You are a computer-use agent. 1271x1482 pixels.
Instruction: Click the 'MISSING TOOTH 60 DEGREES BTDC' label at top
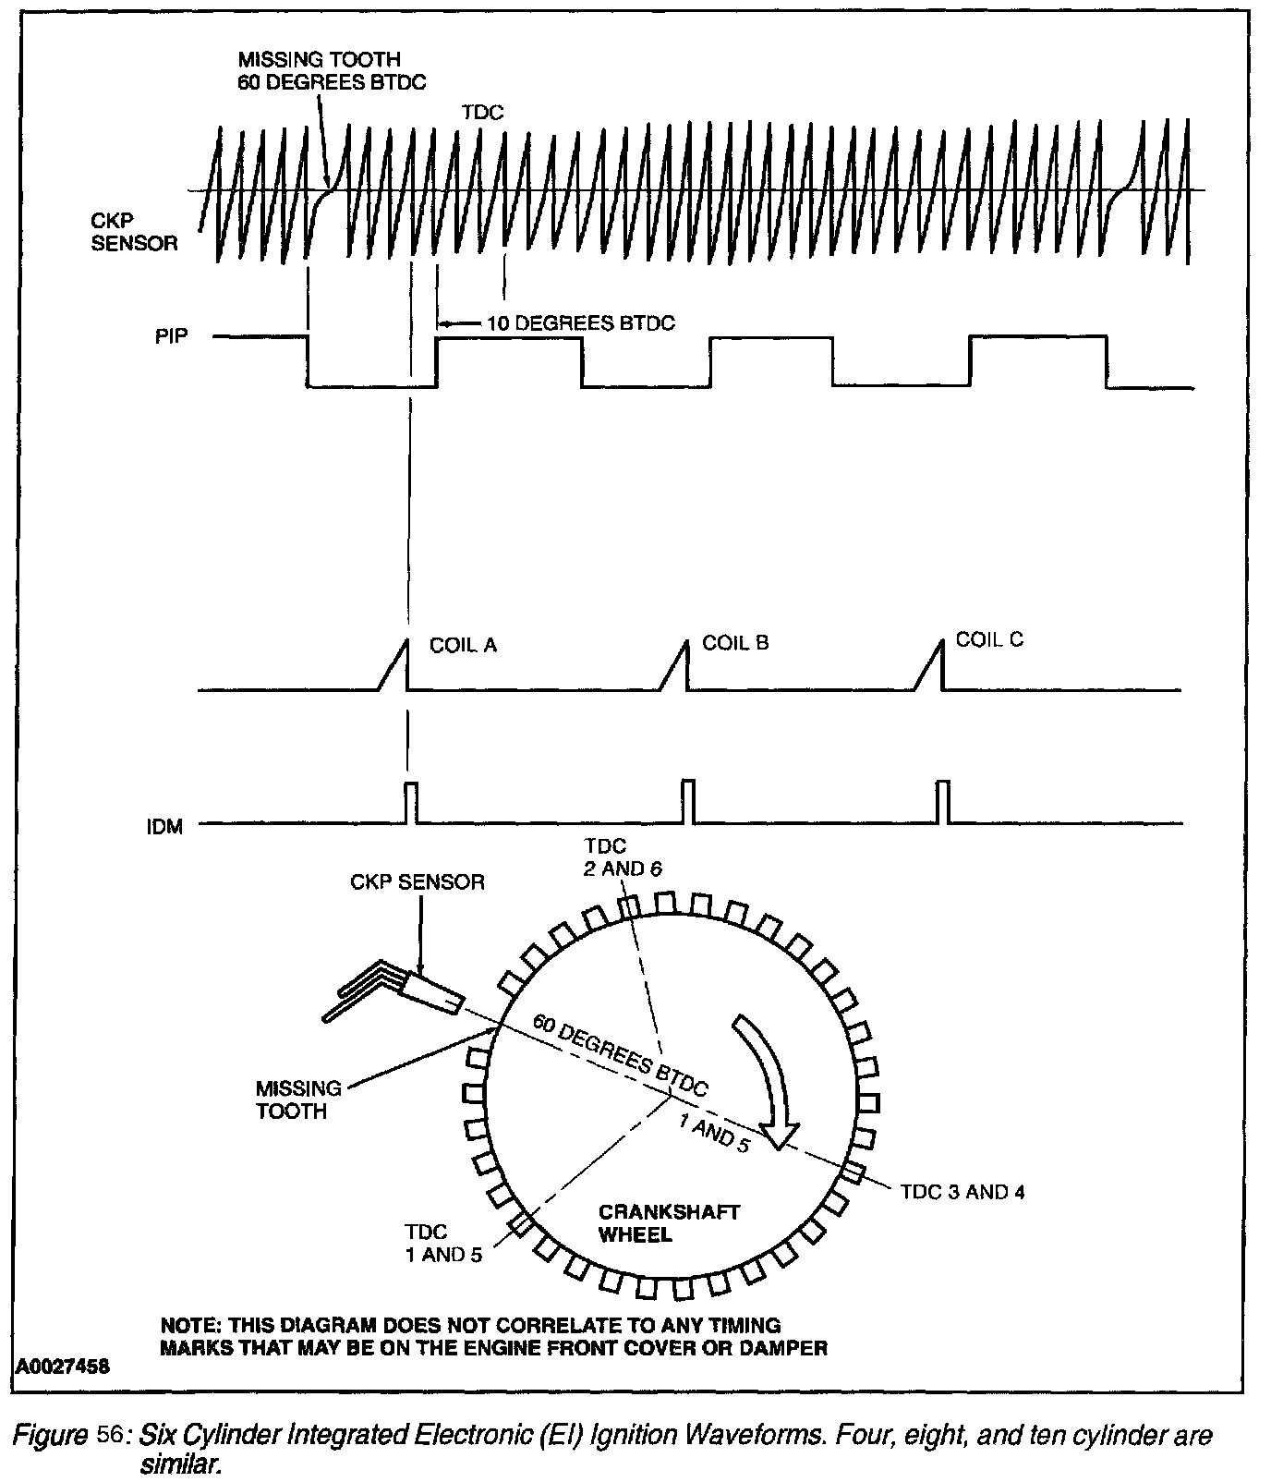(x=330, y=70)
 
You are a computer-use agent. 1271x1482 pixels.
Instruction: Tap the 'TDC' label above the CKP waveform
(x=481, y=112)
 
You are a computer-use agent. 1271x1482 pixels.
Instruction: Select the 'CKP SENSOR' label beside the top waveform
(x=134, y=232)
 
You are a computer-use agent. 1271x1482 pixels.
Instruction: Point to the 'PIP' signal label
(x=172, y=335)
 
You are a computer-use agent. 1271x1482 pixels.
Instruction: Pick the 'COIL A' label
(x=463, y=645)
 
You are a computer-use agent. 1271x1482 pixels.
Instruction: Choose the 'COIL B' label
(x=735, y=642)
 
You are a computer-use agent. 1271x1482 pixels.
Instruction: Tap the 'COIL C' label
(x=989, y=639)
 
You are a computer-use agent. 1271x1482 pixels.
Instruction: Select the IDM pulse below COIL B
(x=687, y=801)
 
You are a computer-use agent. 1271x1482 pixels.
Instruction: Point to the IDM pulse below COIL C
(x=942, y=801)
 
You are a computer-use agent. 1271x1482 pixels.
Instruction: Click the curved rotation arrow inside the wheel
(x=765, y=1081)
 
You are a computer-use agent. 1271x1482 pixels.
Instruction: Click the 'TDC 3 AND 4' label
(x=962, y=1192)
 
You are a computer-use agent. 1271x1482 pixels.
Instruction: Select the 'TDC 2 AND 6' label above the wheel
(x=616, y=856)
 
